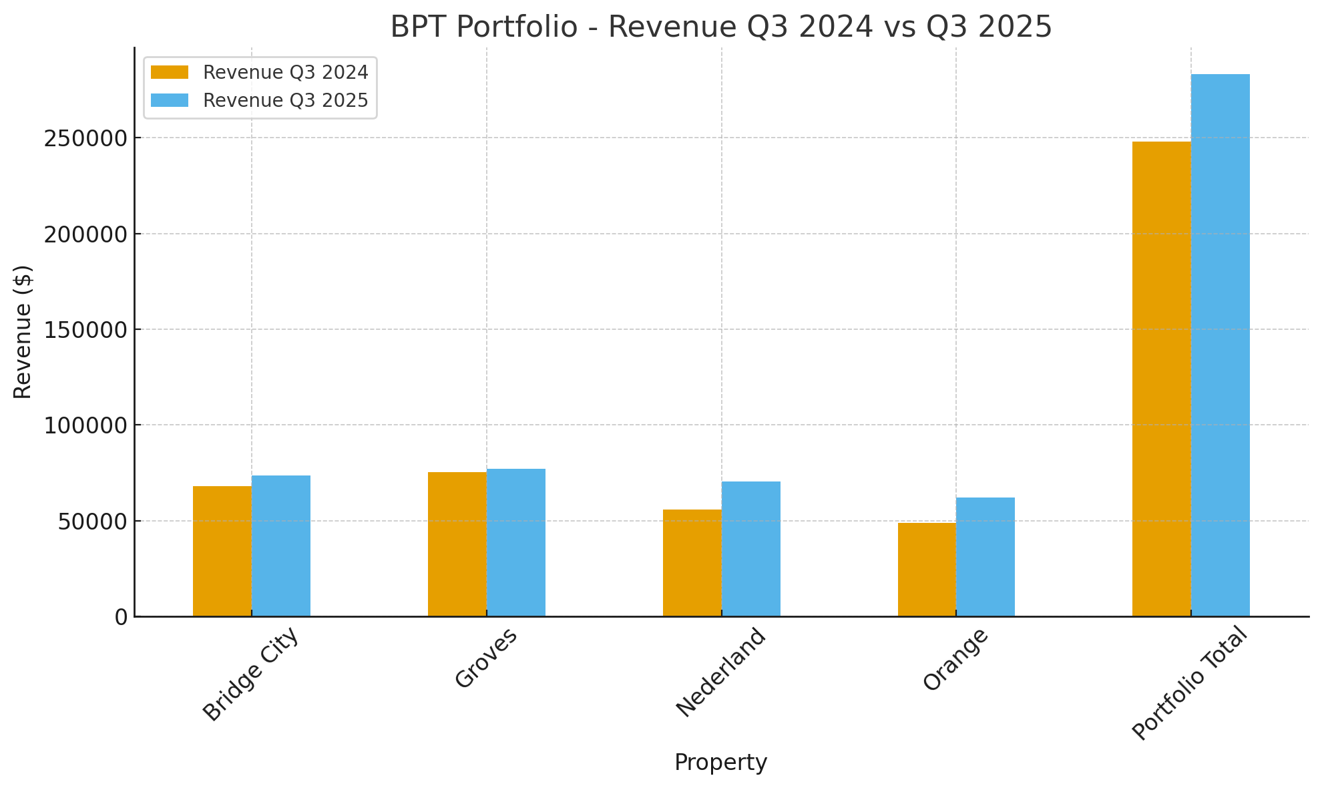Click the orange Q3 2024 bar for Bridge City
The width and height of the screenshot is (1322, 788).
222,551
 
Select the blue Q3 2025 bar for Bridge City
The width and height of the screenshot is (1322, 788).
281,546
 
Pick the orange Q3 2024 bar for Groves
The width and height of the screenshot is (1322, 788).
457,544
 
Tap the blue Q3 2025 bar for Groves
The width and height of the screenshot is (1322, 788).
516,542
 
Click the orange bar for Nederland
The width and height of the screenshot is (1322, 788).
692,562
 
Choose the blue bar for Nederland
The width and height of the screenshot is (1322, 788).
751,548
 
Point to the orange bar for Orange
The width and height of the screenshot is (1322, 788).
927,569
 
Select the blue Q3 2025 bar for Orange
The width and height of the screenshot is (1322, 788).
985,556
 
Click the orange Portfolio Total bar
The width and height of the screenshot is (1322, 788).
1162,379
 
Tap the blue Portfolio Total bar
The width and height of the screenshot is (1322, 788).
1221,345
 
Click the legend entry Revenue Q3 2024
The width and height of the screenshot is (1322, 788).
285,72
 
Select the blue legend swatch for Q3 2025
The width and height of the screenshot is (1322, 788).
170,100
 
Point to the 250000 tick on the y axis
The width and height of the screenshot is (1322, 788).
85,138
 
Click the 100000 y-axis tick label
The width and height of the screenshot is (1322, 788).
85,425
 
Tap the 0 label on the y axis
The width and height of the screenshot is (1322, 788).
121,617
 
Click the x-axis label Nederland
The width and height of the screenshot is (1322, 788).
720,672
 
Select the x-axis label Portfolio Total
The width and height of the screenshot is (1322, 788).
1189,683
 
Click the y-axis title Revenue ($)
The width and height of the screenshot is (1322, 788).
23,332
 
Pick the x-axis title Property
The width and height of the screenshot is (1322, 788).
720,763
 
